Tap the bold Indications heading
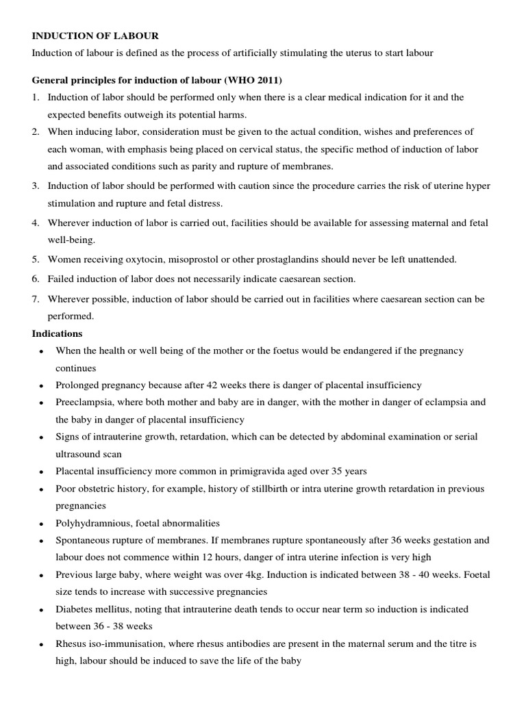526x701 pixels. coord(58,333)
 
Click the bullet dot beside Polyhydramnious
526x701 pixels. coord(42,524)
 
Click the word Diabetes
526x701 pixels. coord(75,609)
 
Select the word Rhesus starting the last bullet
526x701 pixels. coord(72,643)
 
